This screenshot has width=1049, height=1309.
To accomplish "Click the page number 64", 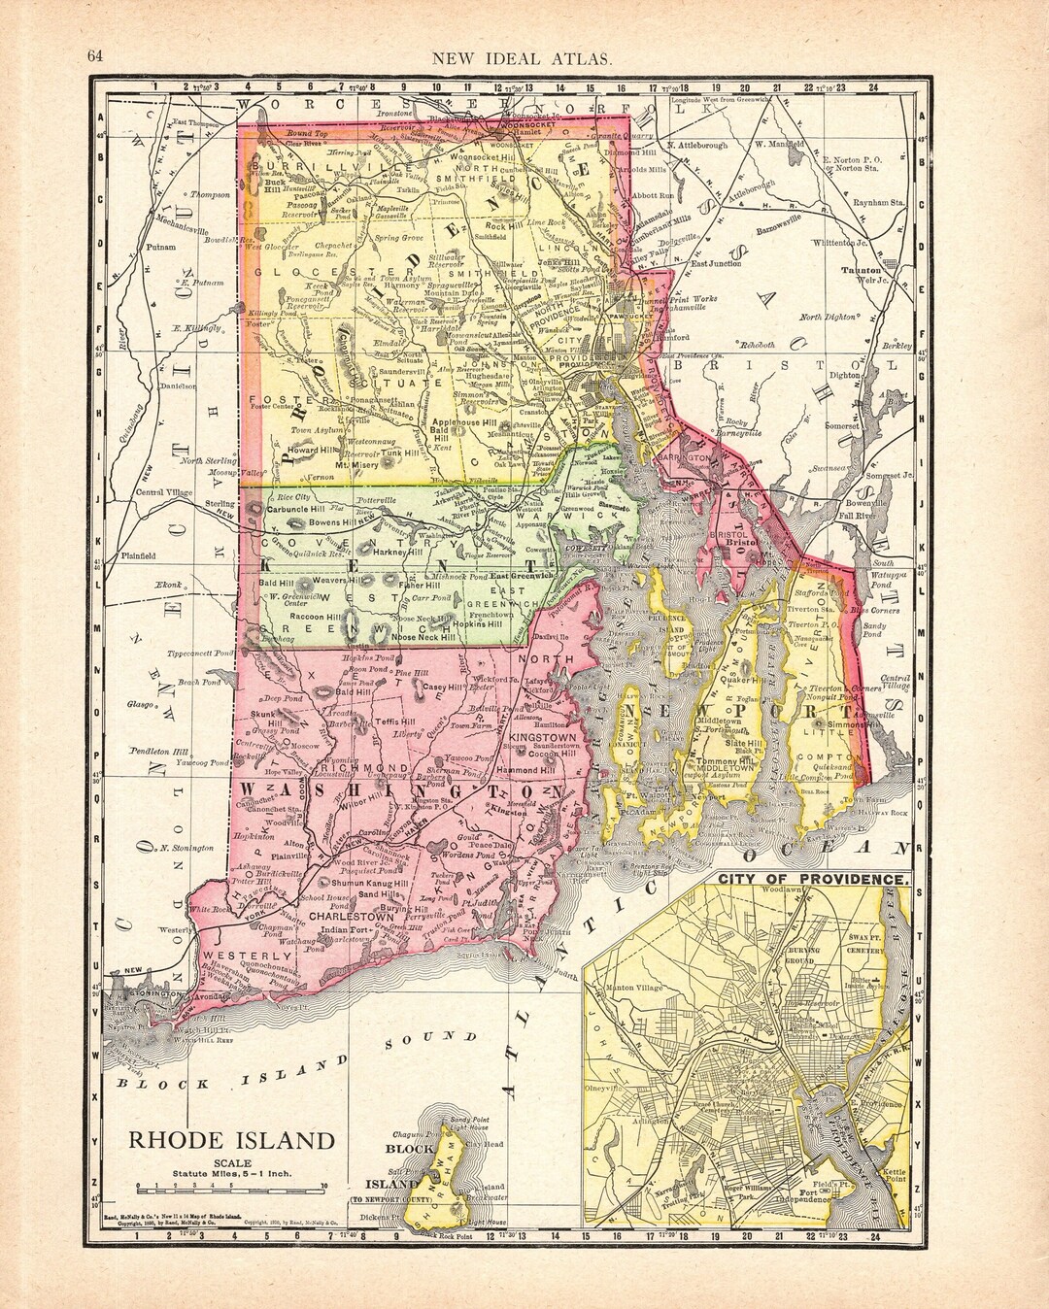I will [x=95, y=56].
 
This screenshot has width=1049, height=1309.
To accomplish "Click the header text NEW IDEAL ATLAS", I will [x=522, y=58].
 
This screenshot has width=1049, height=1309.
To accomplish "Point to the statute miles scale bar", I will [x=231, y=1186].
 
